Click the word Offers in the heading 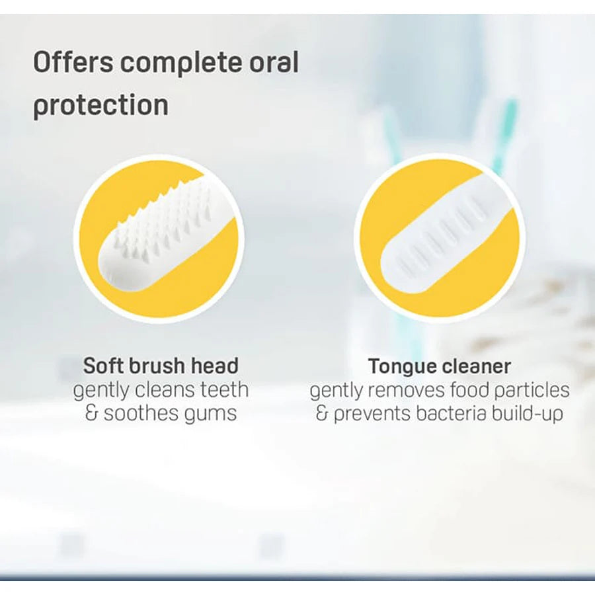pyautogui.click(x=73, y=62)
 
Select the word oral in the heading pyautogui.click(x=274, y=62)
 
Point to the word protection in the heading pyautogui.click(x=100, y=106)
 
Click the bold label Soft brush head pyautogui.click(x=161, y=366)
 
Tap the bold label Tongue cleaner pyautogui.click(x=440, y=366)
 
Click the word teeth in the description pyautogui.click(x=224, y=389)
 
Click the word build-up pyautogui.click(x=527, y=414)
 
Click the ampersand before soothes pyautogui.click(x=91, y=413)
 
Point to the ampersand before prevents pyautogui.click(x=322, y=413)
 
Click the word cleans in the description pyautogui.click(x=165, y=389)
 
